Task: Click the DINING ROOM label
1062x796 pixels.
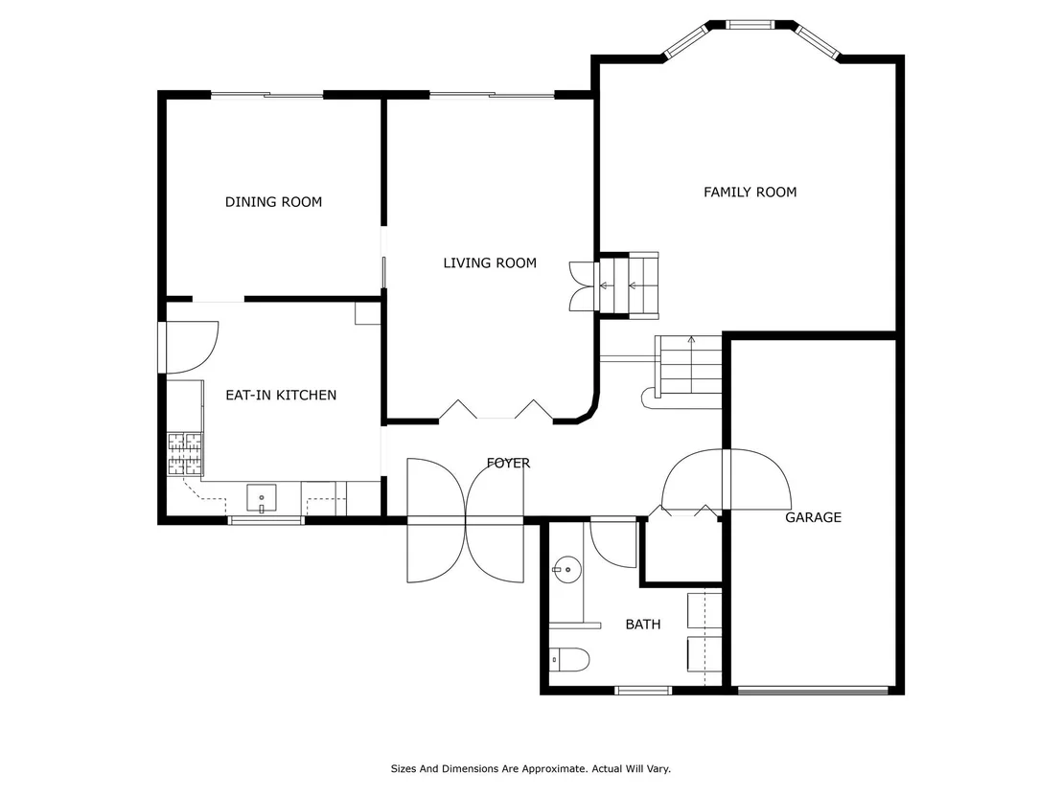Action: point(273,202)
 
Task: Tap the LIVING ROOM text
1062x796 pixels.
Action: point(490,262)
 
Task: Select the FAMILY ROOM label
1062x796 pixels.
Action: point(750,193)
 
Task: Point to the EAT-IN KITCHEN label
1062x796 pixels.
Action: point(281,395)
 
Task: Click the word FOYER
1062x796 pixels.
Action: point(508,463)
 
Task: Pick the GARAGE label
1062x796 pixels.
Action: point(813,517)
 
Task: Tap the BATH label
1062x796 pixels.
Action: point(643,625)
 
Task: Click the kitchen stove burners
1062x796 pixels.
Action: point(185,453)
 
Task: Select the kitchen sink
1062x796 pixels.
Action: point(262,499)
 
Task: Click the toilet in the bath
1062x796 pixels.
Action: point(569,659)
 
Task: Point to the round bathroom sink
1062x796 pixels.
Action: point(566,570)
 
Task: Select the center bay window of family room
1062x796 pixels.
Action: point(750,25)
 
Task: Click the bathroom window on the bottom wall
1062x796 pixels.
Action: point(643,691)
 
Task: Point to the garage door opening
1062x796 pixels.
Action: point(813,691)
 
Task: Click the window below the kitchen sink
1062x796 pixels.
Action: point(265,520)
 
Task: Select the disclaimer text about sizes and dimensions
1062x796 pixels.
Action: point(530,769)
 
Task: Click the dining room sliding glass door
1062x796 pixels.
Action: point(266,95)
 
